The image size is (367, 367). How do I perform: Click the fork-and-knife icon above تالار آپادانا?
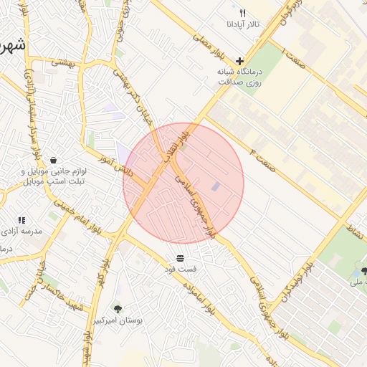pyautogui.click(x=242, y=14)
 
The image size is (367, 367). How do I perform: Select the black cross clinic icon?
pyautogui.click(x=239, y=62)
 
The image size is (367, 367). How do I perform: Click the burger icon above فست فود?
pyautogui.click(x=179, y=257)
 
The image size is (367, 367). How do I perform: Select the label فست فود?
pyautogui.click(x=179, y=268)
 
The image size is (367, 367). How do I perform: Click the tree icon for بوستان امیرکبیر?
pyautogui.click(x=118, y=309)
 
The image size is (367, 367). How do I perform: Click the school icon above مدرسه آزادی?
pyautogui.click(x=22, y=220)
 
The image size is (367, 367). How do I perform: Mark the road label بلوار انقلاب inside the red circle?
pyautogui.click(x=187, y=136)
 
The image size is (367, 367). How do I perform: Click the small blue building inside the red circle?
pyautogui.click(x=216, y=186)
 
